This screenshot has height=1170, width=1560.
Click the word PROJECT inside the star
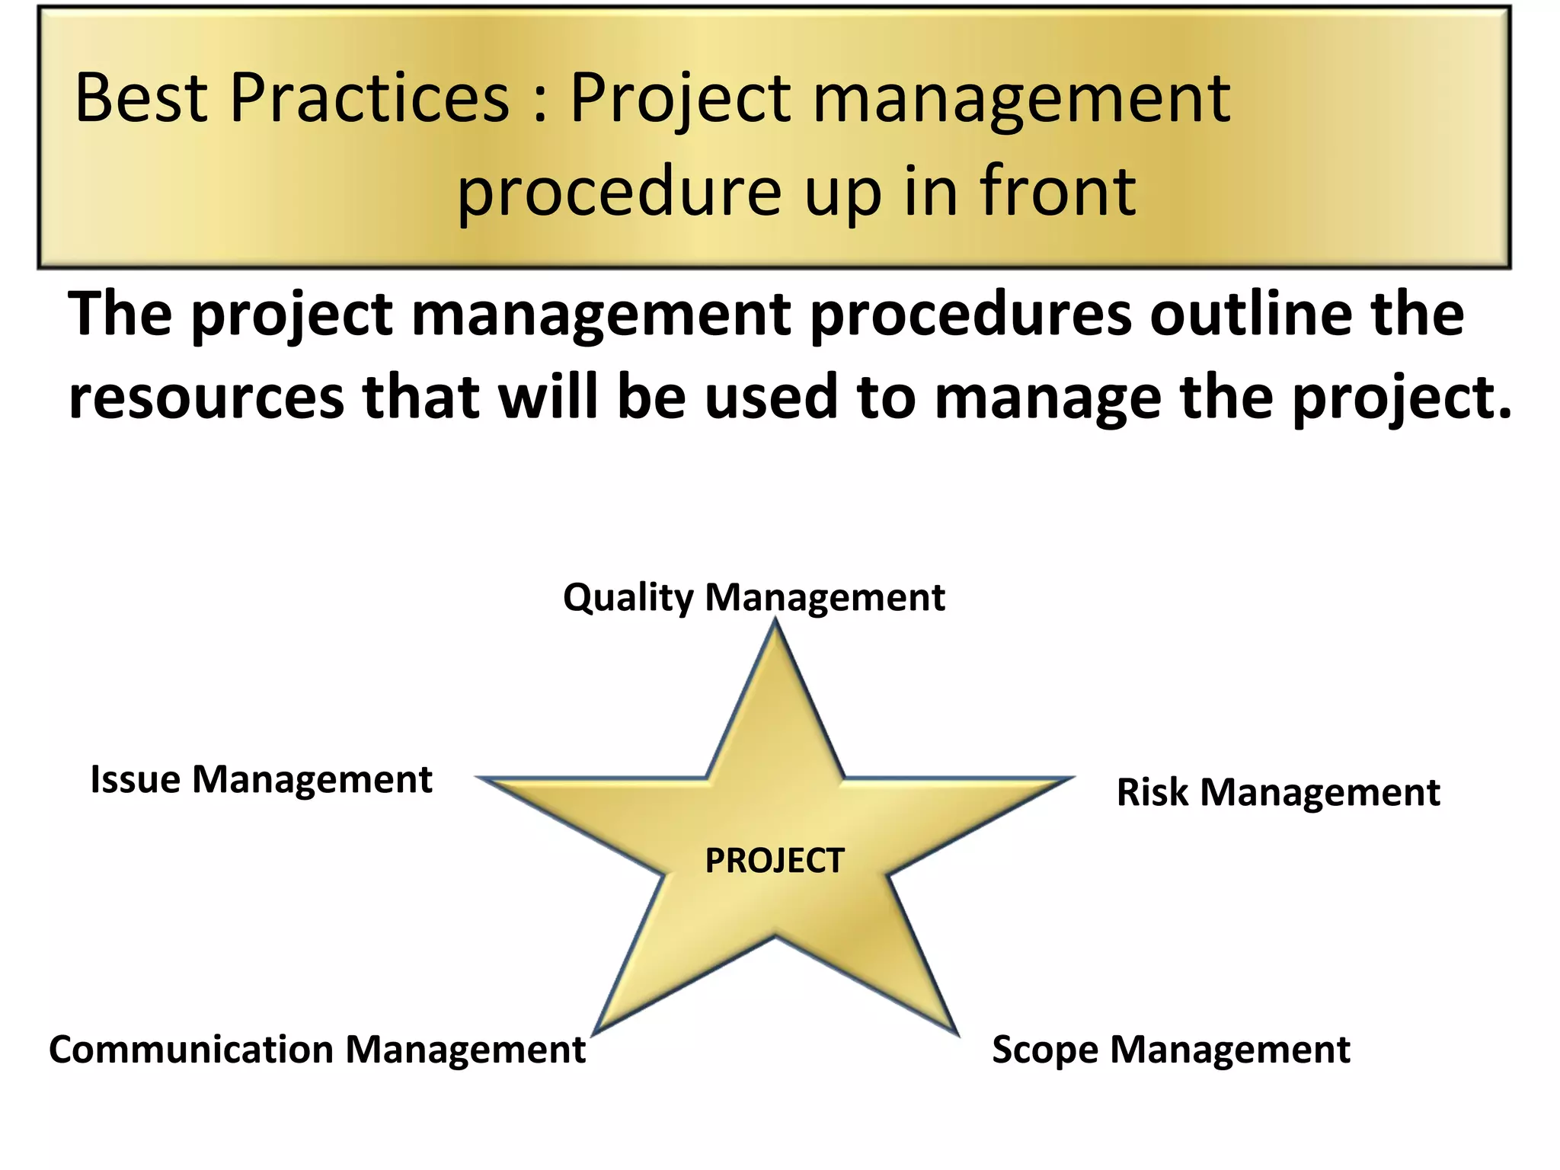tap(775, 861)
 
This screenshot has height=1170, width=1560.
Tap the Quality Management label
tap(753, 597)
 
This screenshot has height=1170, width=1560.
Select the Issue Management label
tap(261, 779)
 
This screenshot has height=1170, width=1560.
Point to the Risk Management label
tap(1277, 792)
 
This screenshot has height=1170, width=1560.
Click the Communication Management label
tap(317, 1050)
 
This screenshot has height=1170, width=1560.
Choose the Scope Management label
tap(1171, 1050)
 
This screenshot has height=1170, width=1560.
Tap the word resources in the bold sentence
tap(206, 398)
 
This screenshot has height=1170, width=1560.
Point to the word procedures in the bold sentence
tap(970, 316)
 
